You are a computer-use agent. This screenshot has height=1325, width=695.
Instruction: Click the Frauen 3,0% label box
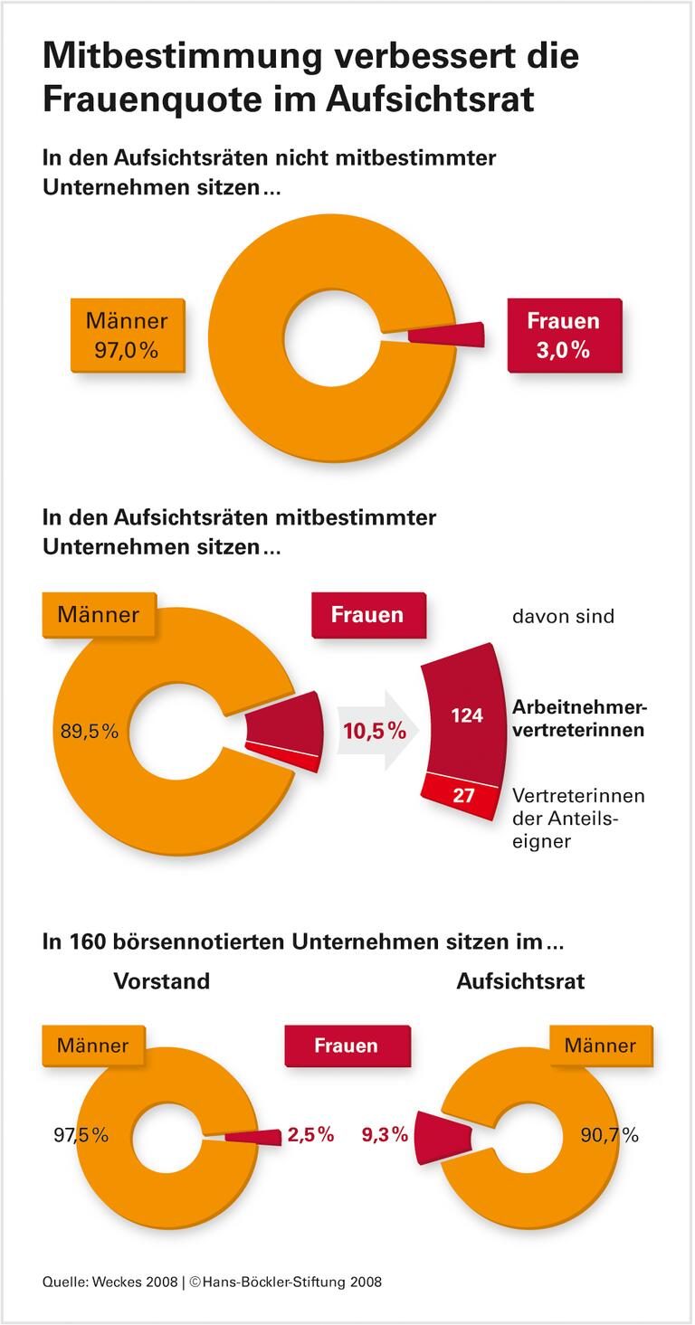pos(563,335)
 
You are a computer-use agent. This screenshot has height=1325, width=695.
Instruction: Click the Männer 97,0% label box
pos(127,335)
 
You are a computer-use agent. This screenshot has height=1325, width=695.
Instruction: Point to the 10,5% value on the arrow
pos(374,731)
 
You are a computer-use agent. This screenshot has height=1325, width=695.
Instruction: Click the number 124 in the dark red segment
pos(467,715)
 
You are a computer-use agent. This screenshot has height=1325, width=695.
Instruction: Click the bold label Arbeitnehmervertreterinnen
pos(578,719)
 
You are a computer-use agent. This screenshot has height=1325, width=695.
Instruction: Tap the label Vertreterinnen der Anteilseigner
pos(578,819)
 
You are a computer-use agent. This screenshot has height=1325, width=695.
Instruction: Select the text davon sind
pos(562,617)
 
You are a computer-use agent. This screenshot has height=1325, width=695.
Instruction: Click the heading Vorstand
pos(161,980)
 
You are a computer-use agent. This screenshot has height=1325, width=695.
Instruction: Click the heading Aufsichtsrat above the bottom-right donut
pos(520,980)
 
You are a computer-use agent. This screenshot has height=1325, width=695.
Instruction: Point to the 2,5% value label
pos(310,1134)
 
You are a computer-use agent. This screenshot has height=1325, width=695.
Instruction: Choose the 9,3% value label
pos(385,1134)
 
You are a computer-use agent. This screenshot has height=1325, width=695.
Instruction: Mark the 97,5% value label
pos(81,1134)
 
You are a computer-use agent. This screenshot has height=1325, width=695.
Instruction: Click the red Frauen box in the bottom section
pos(347,1046)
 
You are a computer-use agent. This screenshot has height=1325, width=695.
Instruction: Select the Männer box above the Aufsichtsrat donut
pos(600,1046)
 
